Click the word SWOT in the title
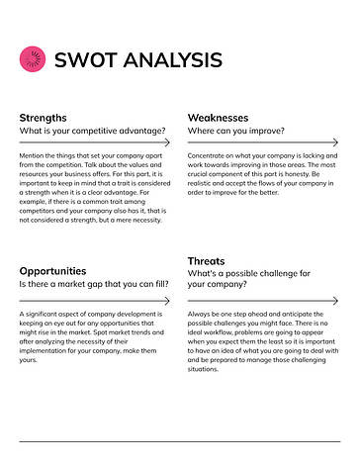coord(82,60)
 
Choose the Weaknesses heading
coord(220,117)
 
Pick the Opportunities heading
coord(53,270)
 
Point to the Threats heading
coord(207,261)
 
